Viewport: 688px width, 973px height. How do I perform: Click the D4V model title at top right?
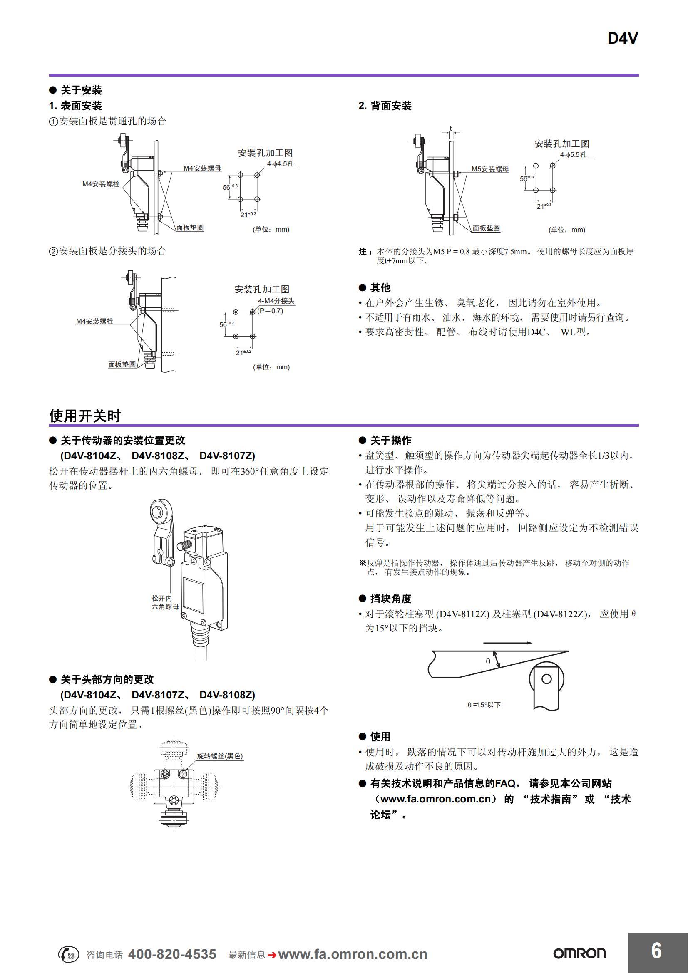pyautogui.click(x=622, y=39)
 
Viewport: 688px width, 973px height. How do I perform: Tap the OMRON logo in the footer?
pyautogui.click(x=579, y=953)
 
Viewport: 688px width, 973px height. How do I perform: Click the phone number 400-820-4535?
pyautogui.click(x=172, y=953)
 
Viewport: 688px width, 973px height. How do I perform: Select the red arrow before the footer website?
pyautogui.click(x=272, y=954)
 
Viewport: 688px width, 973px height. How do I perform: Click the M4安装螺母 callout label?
pyautogui.click(x=202, y=168)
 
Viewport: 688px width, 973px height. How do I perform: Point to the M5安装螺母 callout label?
pyautogui.click(x=490, y=169)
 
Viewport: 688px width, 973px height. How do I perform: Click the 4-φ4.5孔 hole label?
pyautogui.click(x=280, y=163)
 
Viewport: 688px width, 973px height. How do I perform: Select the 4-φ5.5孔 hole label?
pyautogui.click(x=573, y=155)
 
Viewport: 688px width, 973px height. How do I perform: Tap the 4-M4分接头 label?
pyautogui.click(x=276, y=301)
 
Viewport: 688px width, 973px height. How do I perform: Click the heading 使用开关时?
pyautogui.click(x=85, y=416)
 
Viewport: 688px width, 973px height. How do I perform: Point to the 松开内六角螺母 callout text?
pyautogui.click(x=165, y=602)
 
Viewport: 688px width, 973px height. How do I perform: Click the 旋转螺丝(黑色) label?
pyautogui.click(x=220, y=755)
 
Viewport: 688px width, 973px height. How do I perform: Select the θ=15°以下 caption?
pyautogui.click(x=484, y=705)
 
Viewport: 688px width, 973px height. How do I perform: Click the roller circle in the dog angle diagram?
pyautogui.click(x=546, y=679)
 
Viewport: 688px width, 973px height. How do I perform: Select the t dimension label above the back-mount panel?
pyautogui.click(x=451, y=129)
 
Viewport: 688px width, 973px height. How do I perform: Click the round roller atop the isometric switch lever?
pyautogui.click(x=159, y=512)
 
